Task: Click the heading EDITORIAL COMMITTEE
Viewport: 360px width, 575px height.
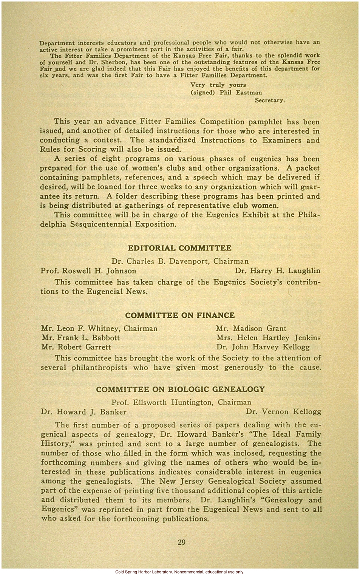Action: tap(179, 248)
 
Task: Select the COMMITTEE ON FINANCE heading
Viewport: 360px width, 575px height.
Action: tap(180, 315)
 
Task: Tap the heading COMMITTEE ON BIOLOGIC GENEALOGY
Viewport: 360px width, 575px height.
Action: tap(180, 390)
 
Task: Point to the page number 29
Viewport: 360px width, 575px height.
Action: tap(181, 543)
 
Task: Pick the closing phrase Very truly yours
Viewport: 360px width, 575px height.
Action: tap(218, 85)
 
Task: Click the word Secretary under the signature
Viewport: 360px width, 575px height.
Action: tap(270, 100)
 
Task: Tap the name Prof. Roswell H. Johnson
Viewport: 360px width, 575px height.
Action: tap(88, 271)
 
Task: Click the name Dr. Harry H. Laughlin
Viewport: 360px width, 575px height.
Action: tap(277, 271)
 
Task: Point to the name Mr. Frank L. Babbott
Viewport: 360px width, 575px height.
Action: tap(80, 338)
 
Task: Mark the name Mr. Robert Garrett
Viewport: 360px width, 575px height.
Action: tap(76, 347)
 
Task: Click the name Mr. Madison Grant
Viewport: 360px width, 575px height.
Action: tap(251, 329)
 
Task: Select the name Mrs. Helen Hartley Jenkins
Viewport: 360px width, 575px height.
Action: tap(268, 338)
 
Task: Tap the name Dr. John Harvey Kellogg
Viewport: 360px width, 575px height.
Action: tap(263, 347)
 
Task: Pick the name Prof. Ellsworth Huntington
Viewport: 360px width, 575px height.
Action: tap(163, 402)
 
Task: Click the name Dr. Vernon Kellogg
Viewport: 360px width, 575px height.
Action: tap(283, 412)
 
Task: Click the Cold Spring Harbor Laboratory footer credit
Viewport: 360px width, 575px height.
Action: tap(180, 572)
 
